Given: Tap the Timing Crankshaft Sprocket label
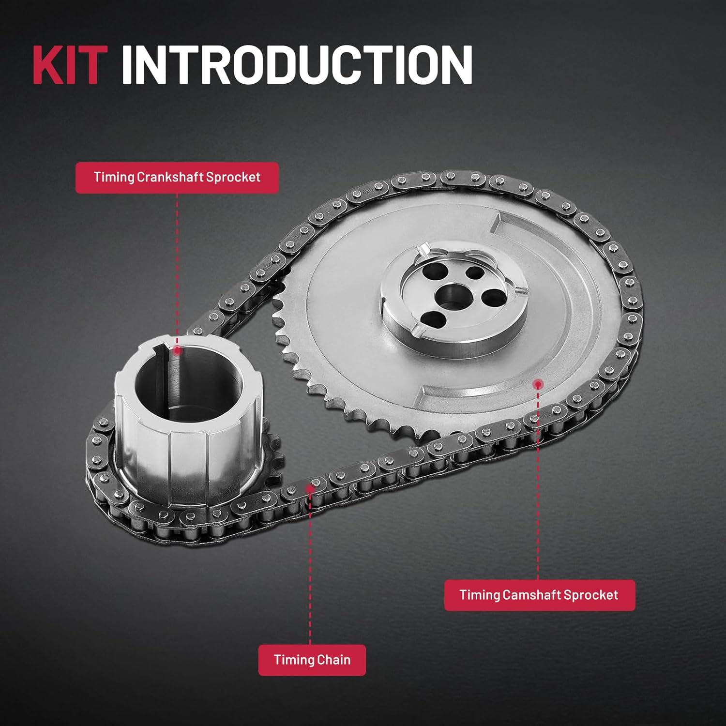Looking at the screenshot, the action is pos(177,177).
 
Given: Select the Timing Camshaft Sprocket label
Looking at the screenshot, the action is pos(539,595).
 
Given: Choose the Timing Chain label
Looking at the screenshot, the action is pos(312,660).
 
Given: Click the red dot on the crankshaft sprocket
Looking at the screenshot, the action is pos(177,350).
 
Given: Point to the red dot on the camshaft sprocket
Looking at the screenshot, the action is pos(538,384).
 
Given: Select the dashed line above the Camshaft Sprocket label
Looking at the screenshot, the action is pos(538,484).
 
